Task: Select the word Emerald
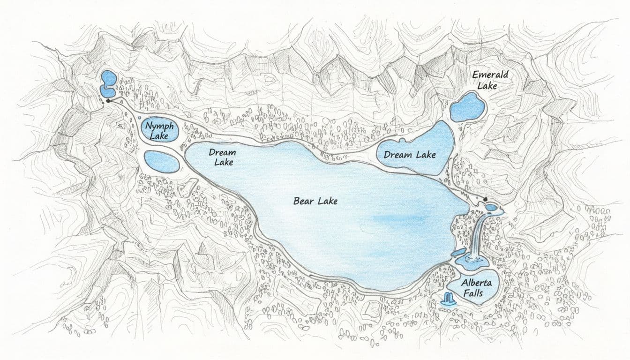tap(490, 75)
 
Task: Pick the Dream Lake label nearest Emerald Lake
tap(410, 155)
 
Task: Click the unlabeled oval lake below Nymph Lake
tap(161, 162)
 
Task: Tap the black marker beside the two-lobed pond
tap(108, 100)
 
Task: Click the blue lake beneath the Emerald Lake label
tap(467, 106)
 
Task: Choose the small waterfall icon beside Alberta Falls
tap(449, 298)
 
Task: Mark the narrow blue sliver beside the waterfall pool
tap(457, 253)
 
